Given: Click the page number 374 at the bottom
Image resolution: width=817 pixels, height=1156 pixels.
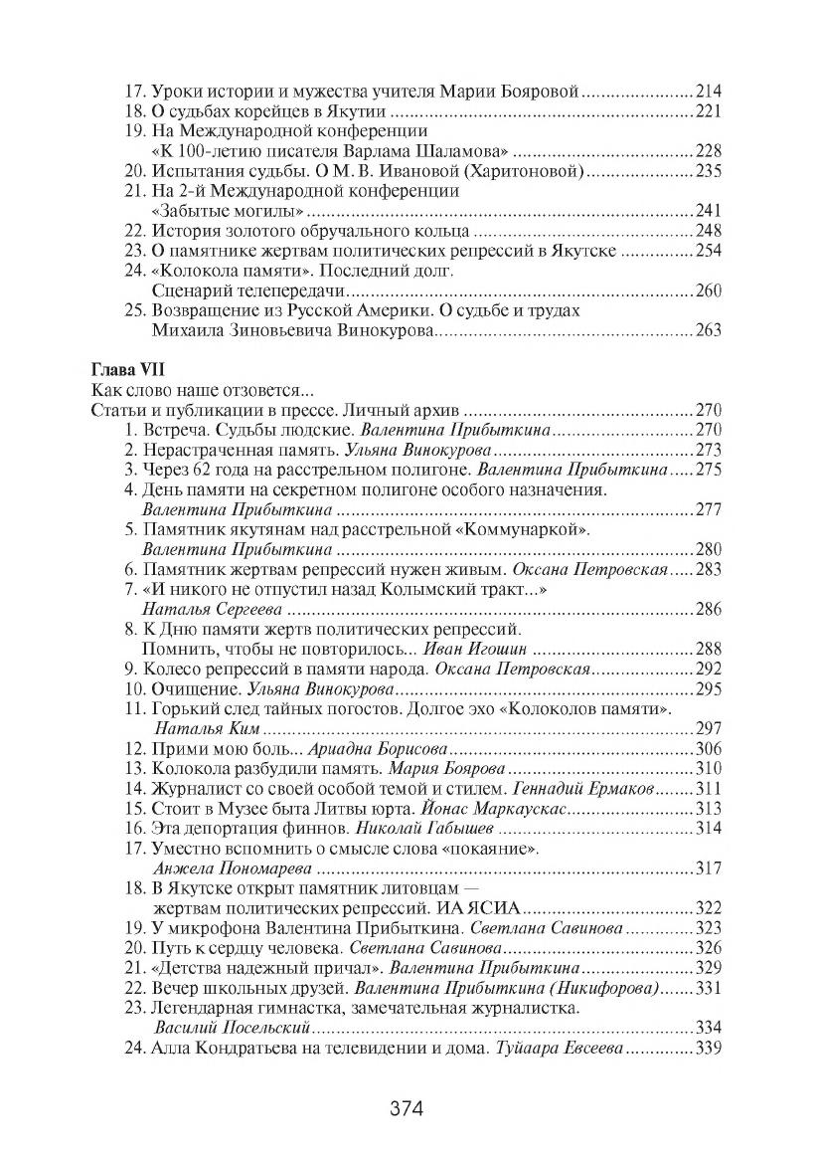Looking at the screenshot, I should pos(408,1108).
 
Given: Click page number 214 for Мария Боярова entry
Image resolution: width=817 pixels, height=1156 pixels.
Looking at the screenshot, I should pos(708,92).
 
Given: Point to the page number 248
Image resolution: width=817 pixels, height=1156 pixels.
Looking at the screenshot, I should pos(708,231).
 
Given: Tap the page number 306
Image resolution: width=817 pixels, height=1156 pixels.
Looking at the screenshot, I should pos(708,749).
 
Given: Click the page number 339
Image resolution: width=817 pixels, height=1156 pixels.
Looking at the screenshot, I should pos(708,1048).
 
